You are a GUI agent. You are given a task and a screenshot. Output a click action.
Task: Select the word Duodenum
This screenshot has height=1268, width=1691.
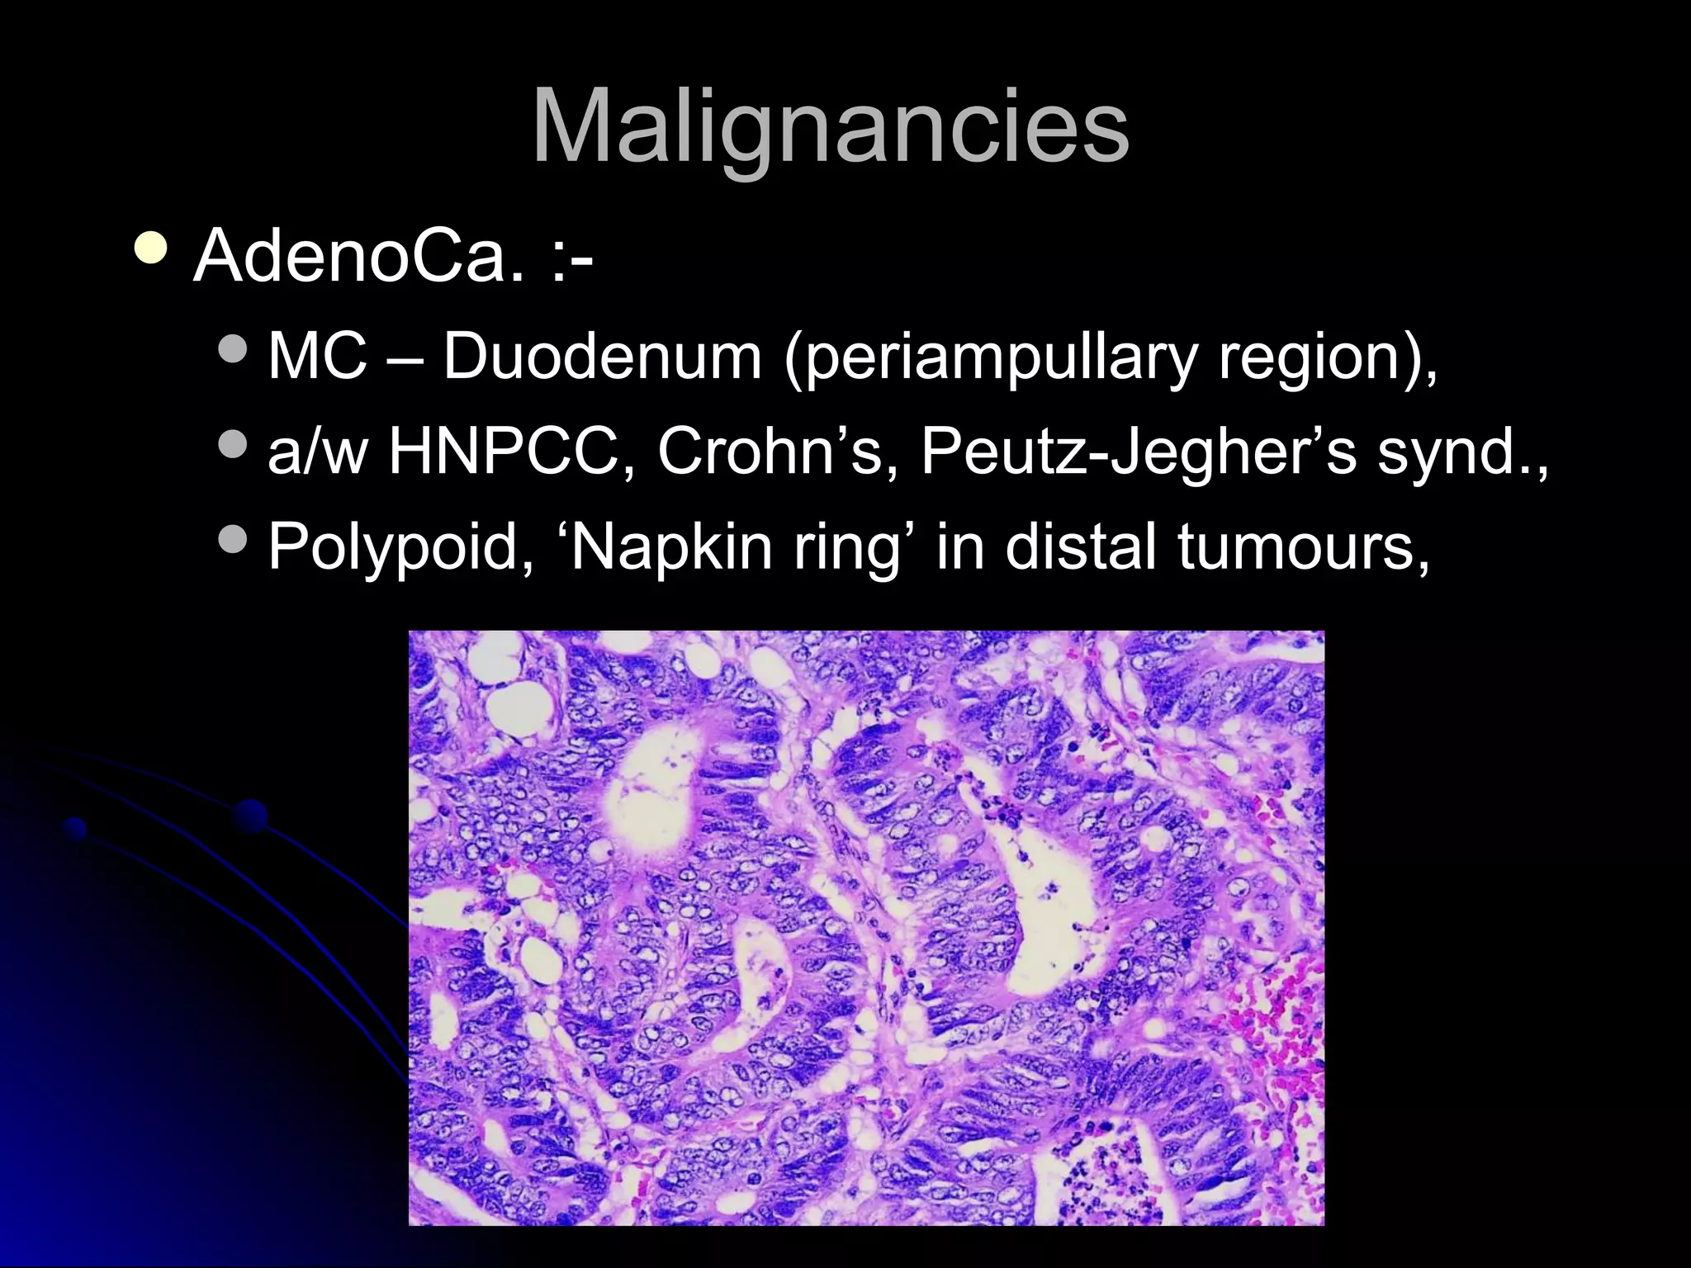pyautogui.click(x=602, y=357)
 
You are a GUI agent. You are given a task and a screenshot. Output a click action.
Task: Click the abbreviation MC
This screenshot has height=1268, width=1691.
pyautogui.click(x=318, y=357)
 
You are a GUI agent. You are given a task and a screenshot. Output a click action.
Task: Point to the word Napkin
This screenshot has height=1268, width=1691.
pyautogui.click(x=670, y=546)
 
